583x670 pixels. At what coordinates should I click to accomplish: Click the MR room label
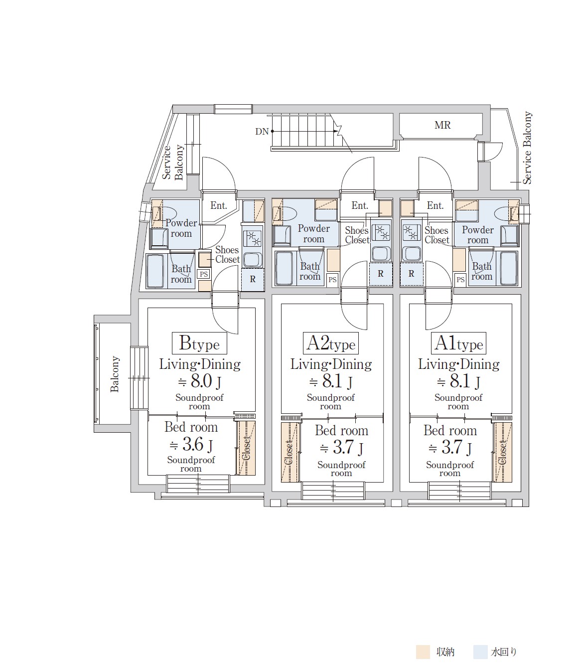[442, 125]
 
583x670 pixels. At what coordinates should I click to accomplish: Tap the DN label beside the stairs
[262, 132]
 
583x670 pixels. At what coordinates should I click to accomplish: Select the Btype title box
[199, 343]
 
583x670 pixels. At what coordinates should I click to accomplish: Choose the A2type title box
[331, 343]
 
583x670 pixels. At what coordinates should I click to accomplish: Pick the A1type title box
[458, 343]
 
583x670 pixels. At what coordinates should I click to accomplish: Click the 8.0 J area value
[199, 381]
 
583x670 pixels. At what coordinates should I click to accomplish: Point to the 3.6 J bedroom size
[191, 444]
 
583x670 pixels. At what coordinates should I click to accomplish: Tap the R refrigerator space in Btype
[252, 279]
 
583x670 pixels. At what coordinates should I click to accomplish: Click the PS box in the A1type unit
[460, 280]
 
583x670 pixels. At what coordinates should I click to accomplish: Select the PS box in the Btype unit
[204, 274]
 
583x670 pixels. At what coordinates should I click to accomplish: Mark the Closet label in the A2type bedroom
[289, 452]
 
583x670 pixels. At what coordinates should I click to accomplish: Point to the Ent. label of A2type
[360, 206]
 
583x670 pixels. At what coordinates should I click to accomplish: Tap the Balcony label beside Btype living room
[115, 374]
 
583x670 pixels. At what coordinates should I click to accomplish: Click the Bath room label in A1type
[482, 272]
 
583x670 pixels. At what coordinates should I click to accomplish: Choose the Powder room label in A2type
[313, 234]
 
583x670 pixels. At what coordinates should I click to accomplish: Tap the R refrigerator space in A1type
[411, 274]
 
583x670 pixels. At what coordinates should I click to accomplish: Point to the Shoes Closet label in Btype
[228, 255]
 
